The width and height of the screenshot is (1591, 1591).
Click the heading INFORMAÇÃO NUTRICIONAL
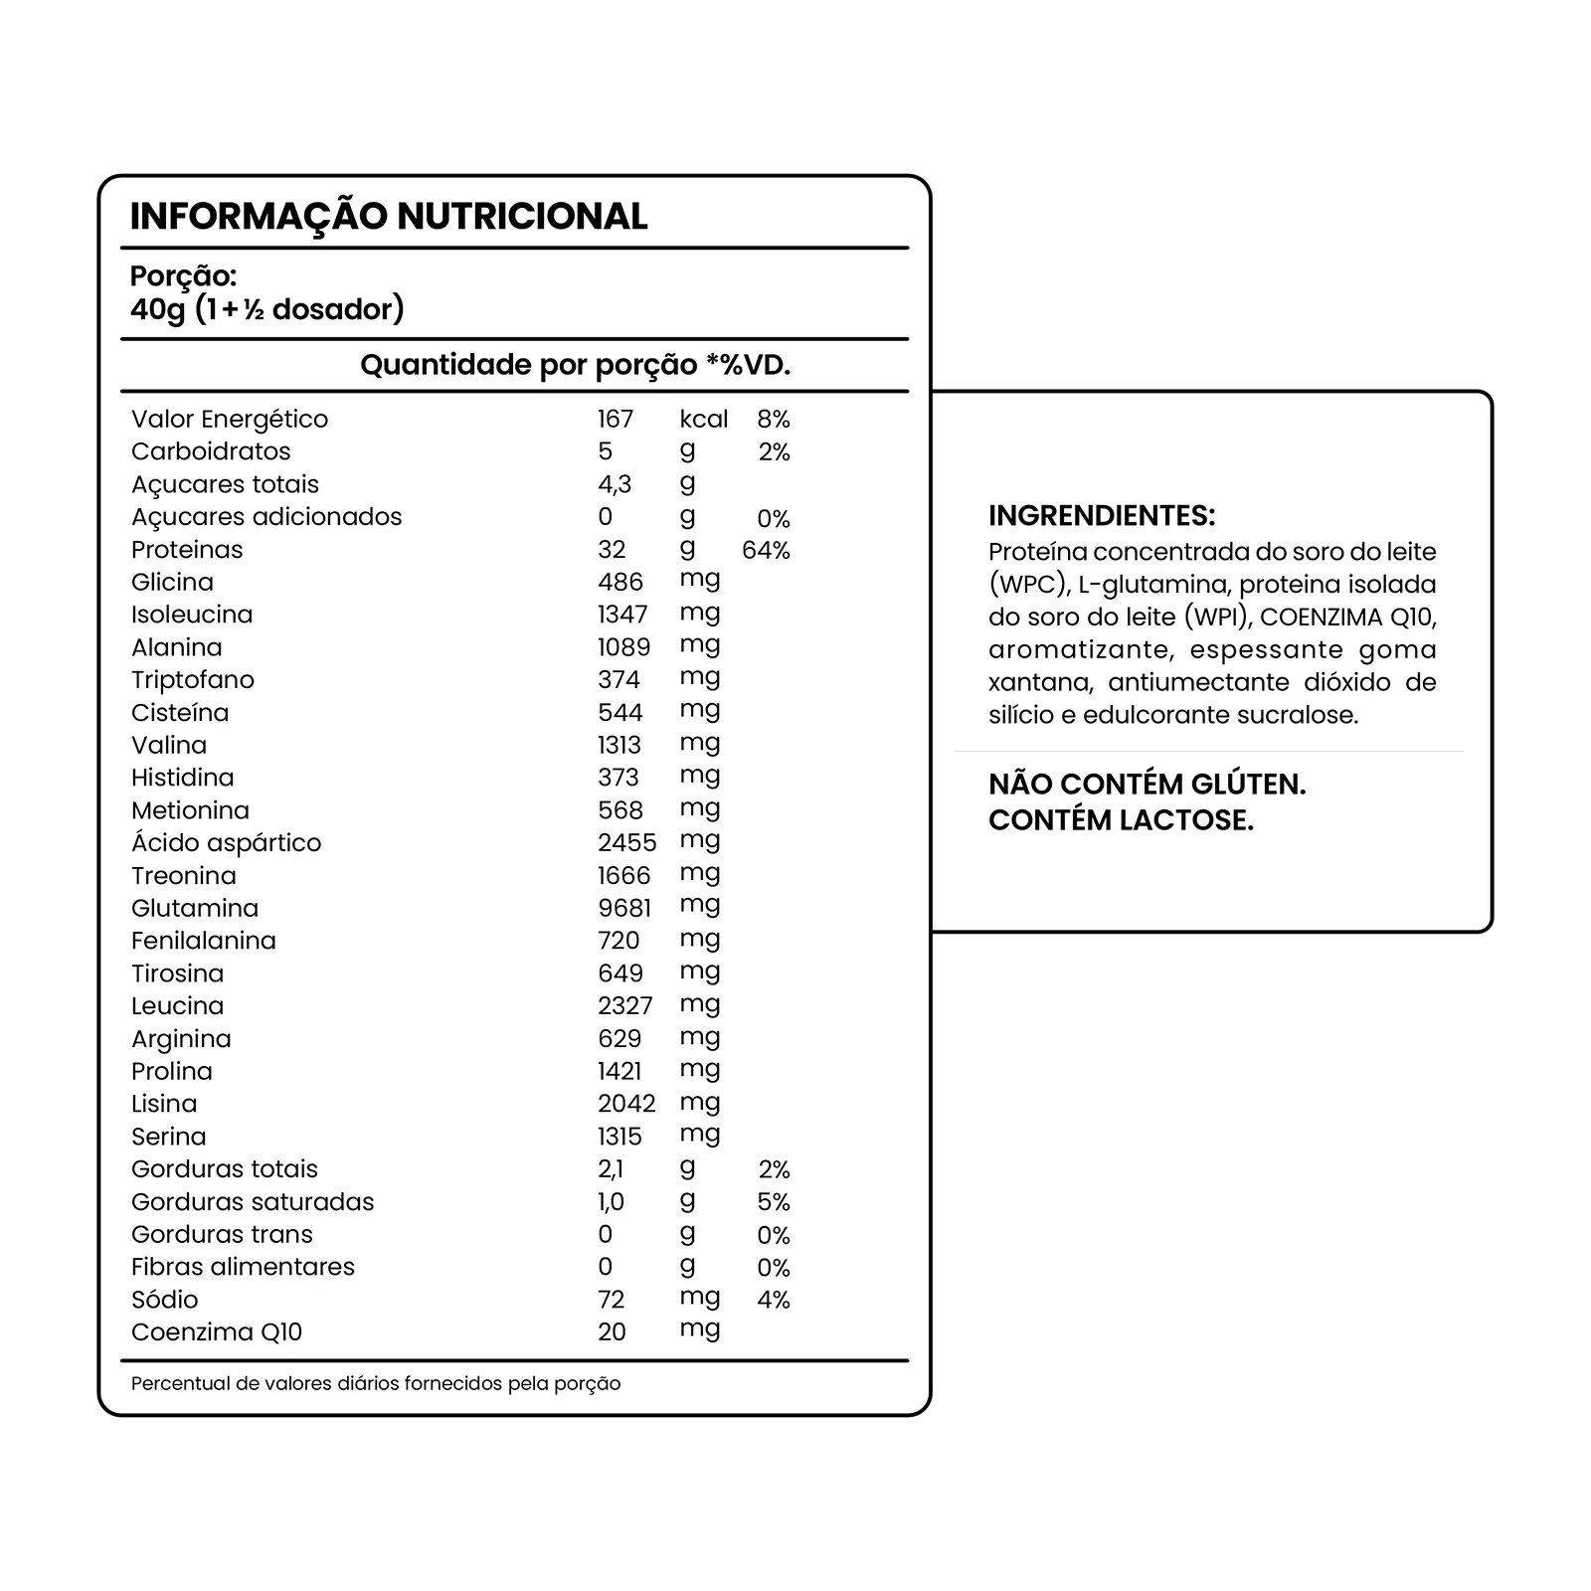(x=389, y=216)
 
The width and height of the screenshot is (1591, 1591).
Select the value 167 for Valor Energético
(x=616, y=420)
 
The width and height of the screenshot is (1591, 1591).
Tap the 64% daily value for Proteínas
(x=766, y=550)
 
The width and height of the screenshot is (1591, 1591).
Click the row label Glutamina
(x=195, y=908)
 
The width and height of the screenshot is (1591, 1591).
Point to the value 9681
(x=624, y=908)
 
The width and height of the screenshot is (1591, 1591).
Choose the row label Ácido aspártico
(x=227, y=843)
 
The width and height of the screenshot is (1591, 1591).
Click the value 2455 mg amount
(x=626, y=843)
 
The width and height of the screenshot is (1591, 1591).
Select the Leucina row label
(x=178, y=1005)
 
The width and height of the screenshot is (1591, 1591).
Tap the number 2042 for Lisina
(x=626, y=1104)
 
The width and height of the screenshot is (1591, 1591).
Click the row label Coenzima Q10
(x=217, y=1332)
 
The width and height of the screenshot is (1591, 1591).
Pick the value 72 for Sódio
(x=612, y=1300)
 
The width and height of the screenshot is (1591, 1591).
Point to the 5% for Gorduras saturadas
(x=774, y=1202)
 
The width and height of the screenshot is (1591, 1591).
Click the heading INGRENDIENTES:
(x=1102, y=515)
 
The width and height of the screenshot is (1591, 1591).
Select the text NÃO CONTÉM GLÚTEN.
(x=1148, y=785)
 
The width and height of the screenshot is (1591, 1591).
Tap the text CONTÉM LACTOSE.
(x=1122, y=820)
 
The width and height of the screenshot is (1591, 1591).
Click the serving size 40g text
(x=158, y=309)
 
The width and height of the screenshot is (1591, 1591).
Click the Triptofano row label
(x=193, y=680)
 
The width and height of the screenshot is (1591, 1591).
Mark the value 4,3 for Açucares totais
(x=615, y=484)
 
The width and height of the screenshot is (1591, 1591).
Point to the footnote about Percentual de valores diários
(x=376, y=1384)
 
